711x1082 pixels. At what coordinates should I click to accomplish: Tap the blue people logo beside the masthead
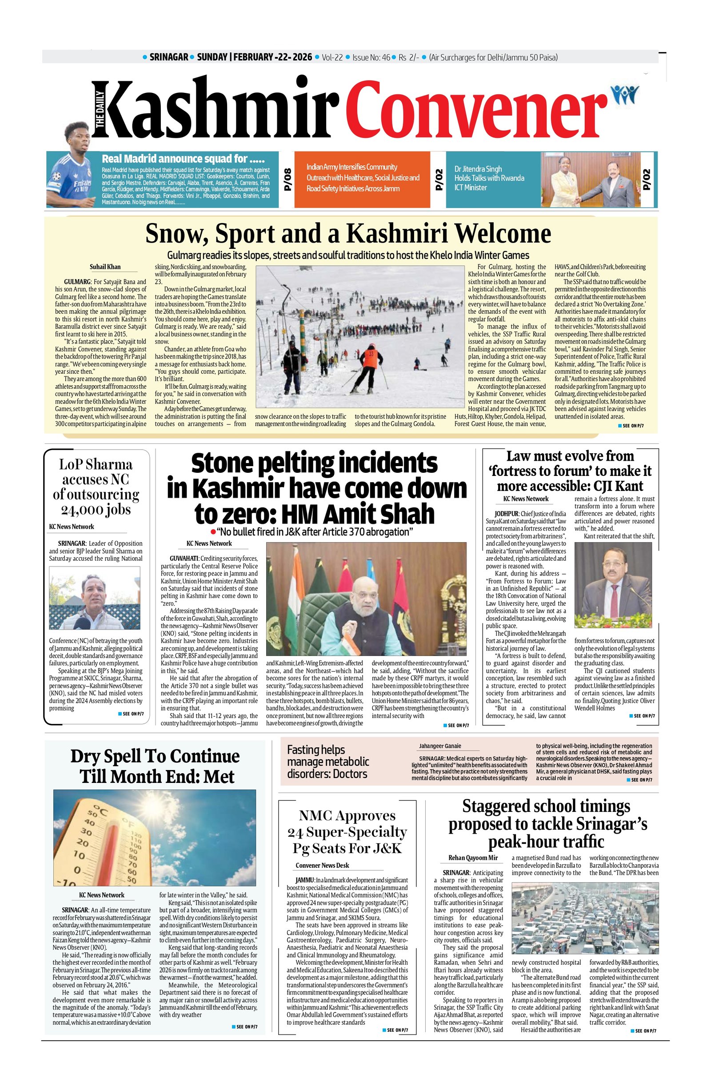(x=625, y=95)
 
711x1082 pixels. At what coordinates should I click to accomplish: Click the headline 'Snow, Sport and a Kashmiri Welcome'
(x=348, y=234)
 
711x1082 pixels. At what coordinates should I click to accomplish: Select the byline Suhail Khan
(x=105, y=267)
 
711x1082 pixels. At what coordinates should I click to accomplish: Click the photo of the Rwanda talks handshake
(x=590, y=180)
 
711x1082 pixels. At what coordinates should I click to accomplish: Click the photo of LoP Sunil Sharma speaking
(x=95, y=597)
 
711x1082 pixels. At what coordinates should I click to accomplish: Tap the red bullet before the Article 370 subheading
(x=212, y=532)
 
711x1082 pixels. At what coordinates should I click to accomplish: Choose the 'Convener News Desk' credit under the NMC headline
(x=322, y=865)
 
